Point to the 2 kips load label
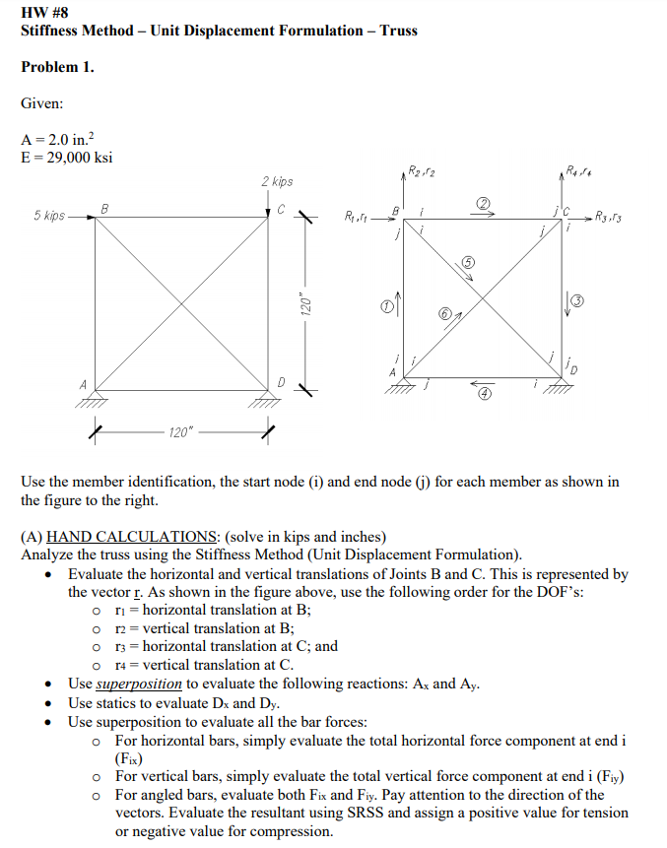tap(277, 182)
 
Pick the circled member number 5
tap(469, 261)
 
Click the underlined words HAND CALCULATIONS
tap(133, 537)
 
